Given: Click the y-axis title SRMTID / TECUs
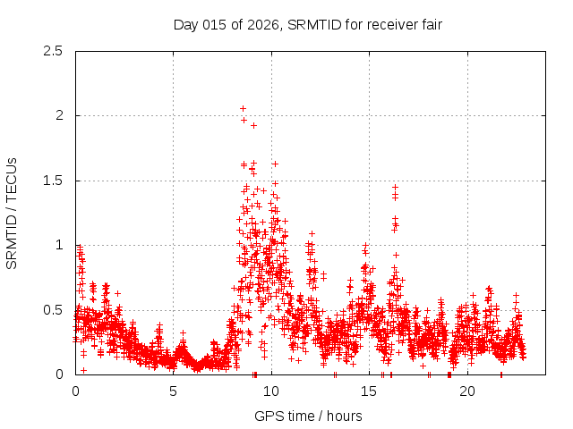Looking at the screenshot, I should [13, 213].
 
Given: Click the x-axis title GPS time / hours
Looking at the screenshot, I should [308, 416].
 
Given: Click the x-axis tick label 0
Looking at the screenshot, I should [75, 391].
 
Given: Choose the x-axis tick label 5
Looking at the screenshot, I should [174, 391].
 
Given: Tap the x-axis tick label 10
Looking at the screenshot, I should [271, 391].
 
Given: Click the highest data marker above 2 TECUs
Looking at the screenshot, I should [243, 108].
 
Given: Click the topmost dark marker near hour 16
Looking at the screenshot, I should [395, 187].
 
